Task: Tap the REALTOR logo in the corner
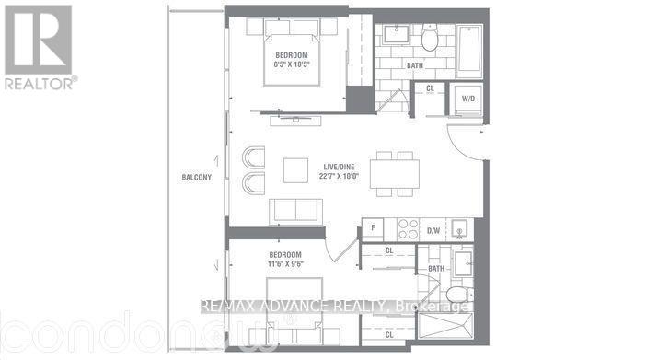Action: pyautogui.click(x=39, y=45)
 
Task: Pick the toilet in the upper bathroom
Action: pyautogui.click(x=430, y=41)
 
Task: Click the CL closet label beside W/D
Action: pyautogui.click(x=430, y=89)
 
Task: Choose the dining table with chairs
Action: pyautogui.click(x=395, y=172)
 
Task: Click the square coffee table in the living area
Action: pyautogui.click(x=296, y=171)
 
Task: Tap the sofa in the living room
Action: pyautogui.click(x=295, y=211)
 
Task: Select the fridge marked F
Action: pyautogui.click(x=372, y=226)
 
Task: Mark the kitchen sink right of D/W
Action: pyautogui.click(x=460, y=226)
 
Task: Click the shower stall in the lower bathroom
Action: pyautogui.click(x=460, y=323)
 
